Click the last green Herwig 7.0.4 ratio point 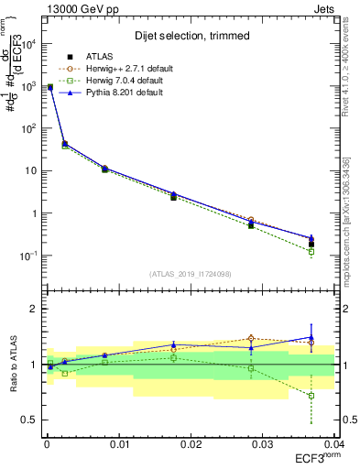point(311,396)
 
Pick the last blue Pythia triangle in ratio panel point(311,337)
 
